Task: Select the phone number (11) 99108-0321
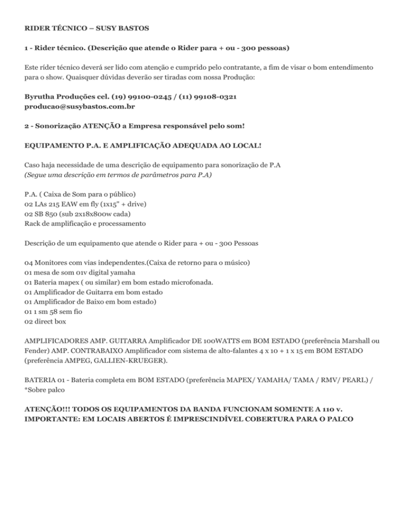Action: pos(207,97)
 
